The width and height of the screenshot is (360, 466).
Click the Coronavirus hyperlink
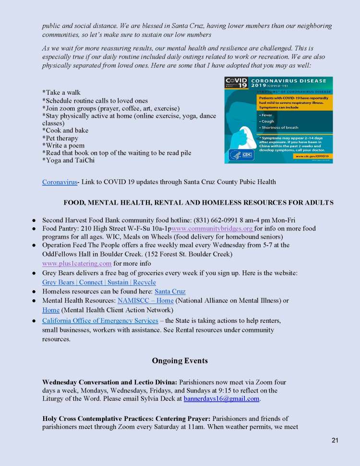60,182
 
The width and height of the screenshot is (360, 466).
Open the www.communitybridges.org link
212,229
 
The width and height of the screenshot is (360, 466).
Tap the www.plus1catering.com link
77,263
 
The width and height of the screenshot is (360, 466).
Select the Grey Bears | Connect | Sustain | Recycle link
99,282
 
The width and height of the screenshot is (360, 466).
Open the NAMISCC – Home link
145,301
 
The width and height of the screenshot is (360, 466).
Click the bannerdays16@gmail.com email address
221,398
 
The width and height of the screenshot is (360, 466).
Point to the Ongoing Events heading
180,360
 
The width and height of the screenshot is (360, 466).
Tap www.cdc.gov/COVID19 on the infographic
312,156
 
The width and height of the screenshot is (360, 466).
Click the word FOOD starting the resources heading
73,203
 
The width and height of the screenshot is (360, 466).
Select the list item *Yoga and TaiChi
68,160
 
